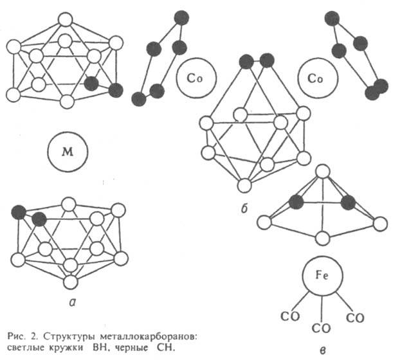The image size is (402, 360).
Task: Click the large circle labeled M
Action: point(66,153)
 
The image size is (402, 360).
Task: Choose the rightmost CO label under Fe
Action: point(354,317)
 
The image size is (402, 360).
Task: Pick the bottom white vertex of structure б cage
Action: point(243,186)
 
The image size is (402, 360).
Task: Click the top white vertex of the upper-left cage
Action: point(64,18)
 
